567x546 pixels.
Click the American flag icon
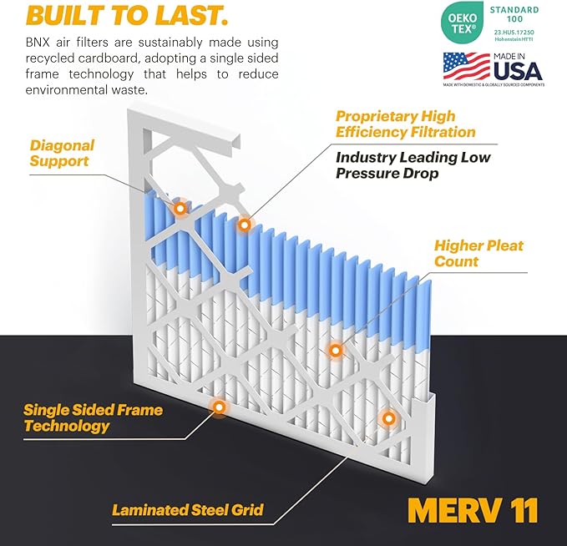click(466, 66)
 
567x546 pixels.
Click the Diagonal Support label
click(62, 153)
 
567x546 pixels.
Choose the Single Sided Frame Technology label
click(93, 418)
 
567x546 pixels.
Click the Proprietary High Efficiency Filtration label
click(405, 124)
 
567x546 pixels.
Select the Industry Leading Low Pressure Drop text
click(413, 165)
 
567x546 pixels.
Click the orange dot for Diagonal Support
click(180, 208)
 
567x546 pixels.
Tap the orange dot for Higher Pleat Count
click(335, 351)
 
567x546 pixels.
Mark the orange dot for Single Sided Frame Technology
click(219, 407)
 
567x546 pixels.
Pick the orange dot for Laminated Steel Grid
click(387, 417)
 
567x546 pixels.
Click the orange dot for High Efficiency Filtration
click(244, 225)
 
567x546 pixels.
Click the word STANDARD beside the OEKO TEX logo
click(514, 10)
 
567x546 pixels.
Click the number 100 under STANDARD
click(514, 22)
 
